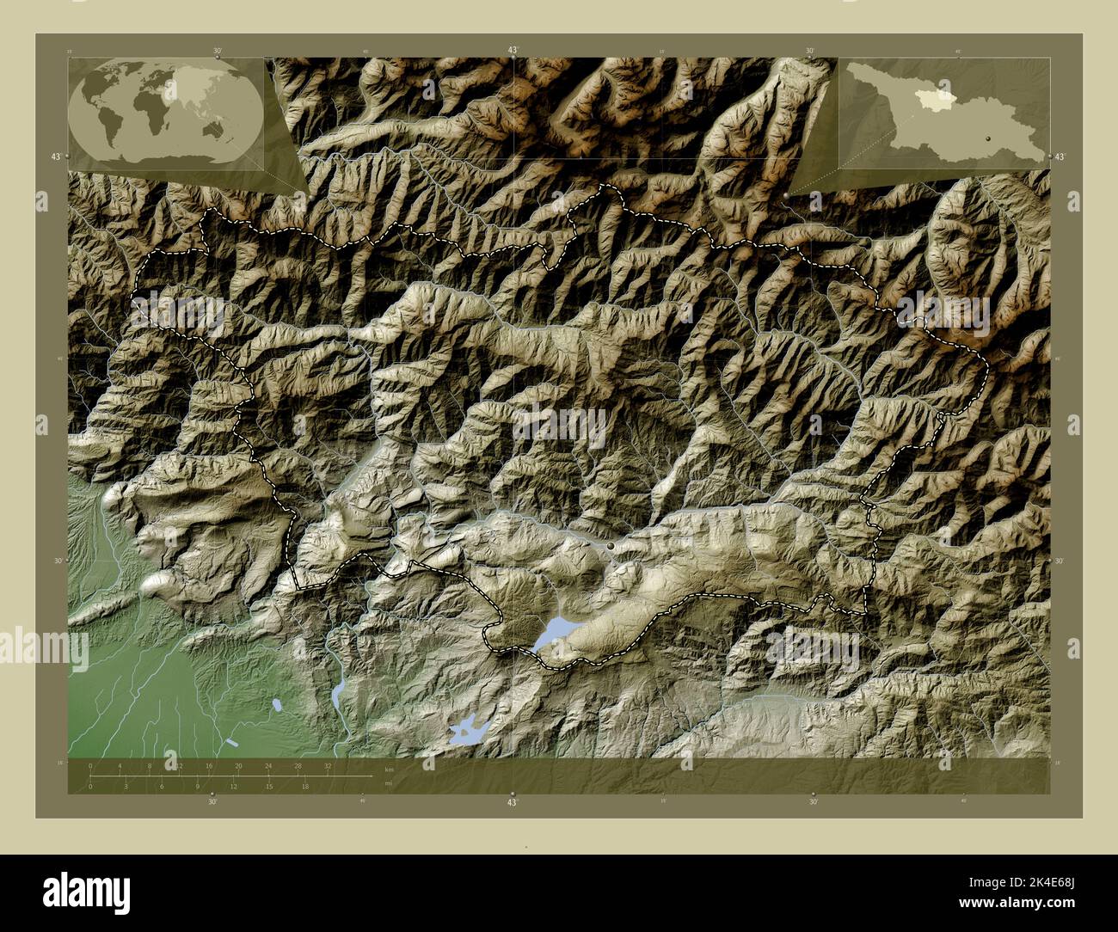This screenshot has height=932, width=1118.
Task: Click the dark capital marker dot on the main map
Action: (611, 545)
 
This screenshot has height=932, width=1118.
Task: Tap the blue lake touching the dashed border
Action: (551, 635)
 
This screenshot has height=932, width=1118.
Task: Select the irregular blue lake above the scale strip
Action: (468, 731)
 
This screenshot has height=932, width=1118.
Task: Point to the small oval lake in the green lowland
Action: (277, 705)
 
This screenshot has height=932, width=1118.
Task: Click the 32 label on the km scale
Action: (328, 765)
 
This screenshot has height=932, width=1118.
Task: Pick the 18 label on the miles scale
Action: (304, 786)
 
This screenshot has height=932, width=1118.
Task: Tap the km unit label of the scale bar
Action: (390, 770)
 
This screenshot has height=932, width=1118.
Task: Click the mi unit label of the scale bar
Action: (389, 783)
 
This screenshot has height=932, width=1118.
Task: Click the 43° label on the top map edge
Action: (513, 51)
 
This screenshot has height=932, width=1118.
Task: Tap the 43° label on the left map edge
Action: (55, 156)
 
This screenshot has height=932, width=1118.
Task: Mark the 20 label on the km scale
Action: (238, 765)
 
